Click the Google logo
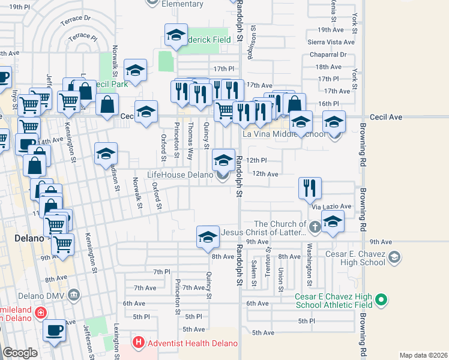click(x=20, y=353)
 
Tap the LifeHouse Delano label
click(x=180, y=175)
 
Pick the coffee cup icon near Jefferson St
click(x=54, y=331)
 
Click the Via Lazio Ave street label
click(x=331, y=206)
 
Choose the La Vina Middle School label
click(x=285, y=134)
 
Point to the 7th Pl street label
click(x=162, y=272)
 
